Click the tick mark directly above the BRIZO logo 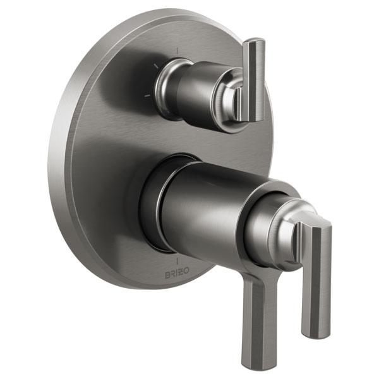(177, 261)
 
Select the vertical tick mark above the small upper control (177, 51)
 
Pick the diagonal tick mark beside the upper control (157, 66)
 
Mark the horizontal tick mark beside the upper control (147, 96)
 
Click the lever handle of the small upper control (253, 80)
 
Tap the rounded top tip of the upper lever (255, 41)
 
